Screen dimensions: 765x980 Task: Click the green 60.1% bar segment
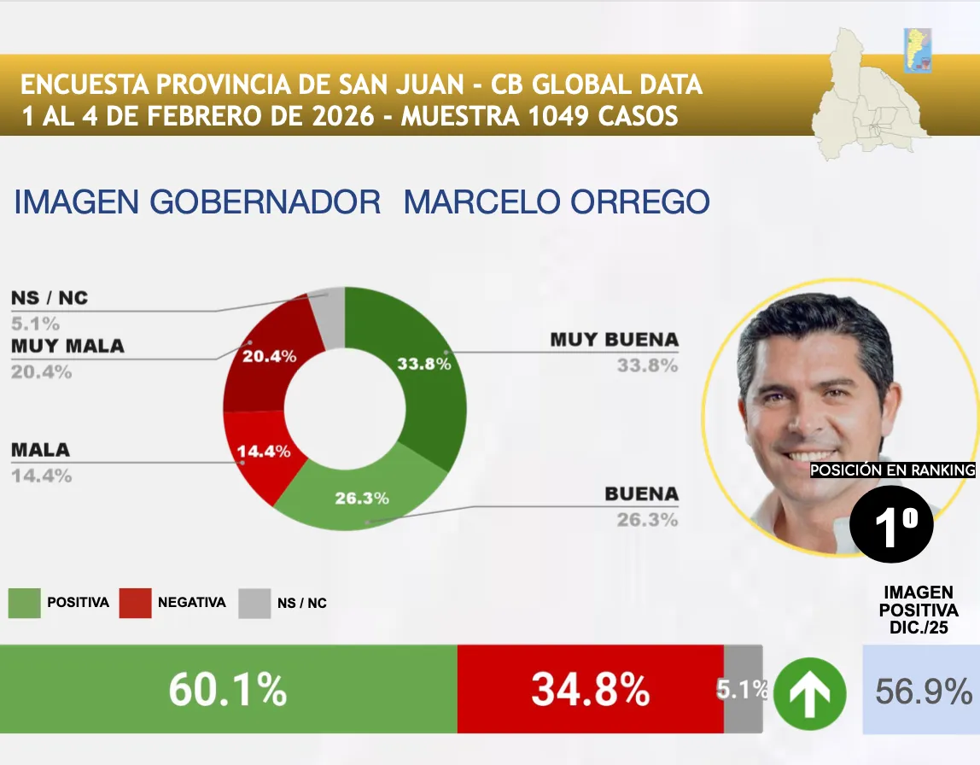[x=228, y=689]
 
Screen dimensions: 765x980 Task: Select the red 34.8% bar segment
[x=590, y=689]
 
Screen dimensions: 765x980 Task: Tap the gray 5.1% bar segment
[x=743, y=689]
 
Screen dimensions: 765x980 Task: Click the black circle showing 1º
[x=892, y=525]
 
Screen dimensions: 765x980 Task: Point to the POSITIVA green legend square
[x=25, y=603]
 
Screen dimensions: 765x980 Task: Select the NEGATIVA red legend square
[x=136, y=603]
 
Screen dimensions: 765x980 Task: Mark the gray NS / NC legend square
[x=254, y=603]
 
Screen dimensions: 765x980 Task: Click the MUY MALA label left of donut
[x=67, y=346]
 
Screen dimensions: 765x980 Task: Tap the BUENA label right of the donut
[x=641, y=493]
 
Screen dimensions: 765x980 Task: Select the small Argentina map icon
[x=918, y=50]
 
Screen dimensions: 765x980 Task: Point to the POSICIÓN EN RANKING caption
[x=892, y=470]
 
